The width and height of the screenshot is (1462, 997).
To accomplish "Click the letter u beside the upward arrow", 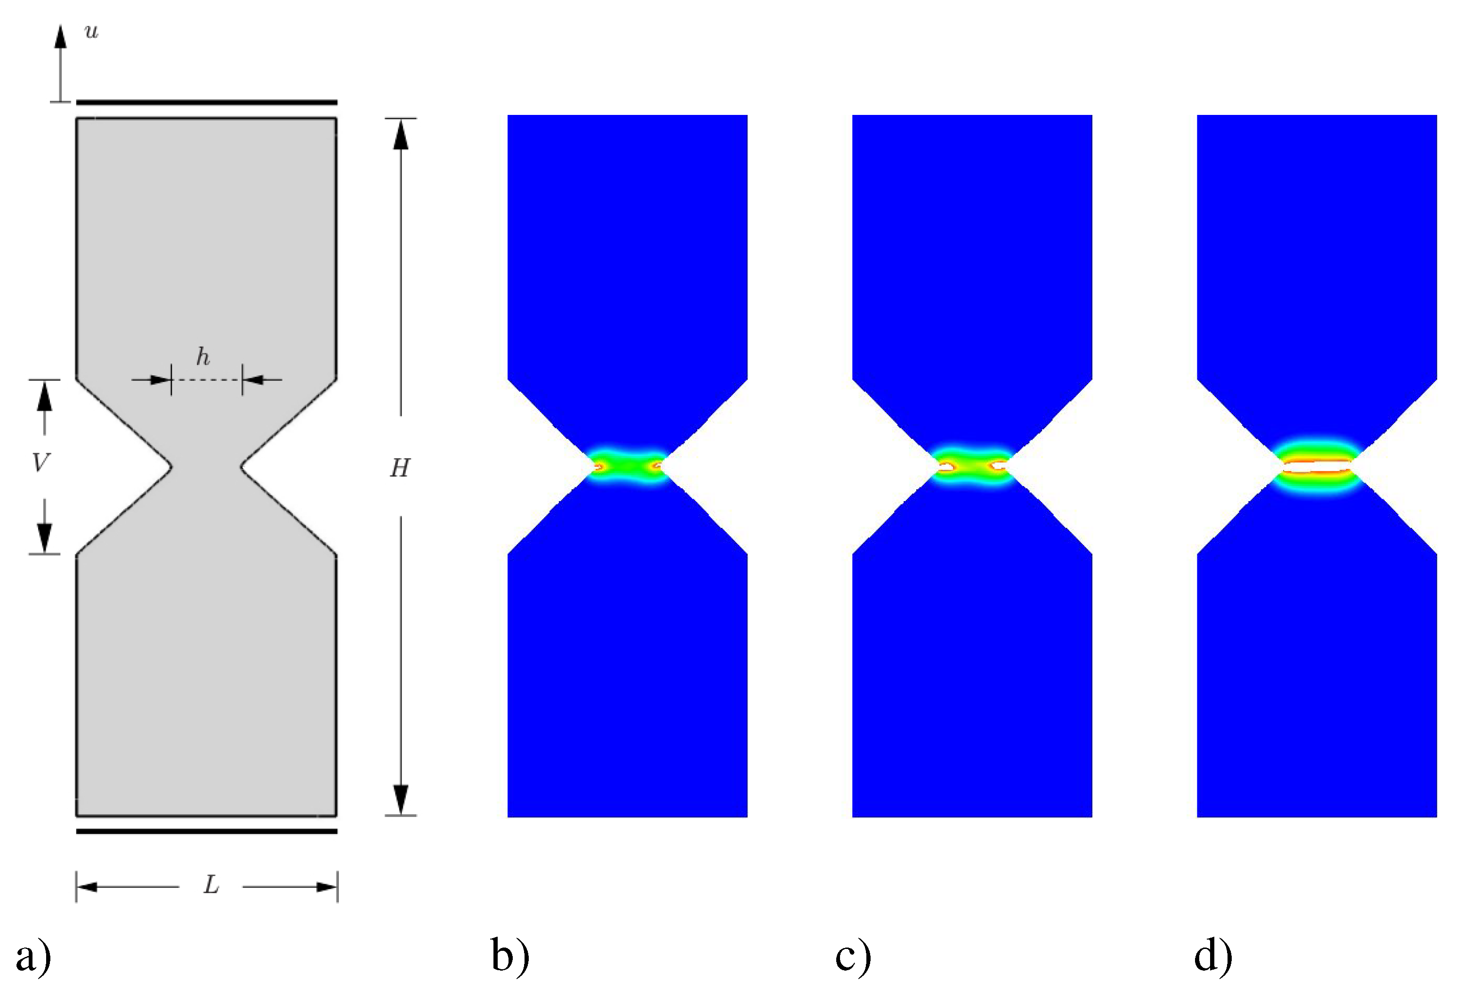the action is (x=92, y=32).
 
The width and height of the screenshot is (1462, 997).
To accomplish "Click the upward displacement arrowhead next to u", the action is (x=60, y=36).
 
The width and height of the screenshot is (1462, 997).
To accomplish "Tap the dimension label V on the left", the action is (x=40, y=463).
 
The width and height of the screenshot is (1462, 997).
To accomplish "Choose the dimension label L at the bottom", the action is (x=211, y=886).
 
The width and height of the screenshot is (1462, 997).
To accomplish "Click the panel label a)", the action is (x=32, y=956).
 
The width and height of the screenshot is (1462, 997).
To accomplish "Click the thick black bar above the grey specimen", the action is (x=206, y=102).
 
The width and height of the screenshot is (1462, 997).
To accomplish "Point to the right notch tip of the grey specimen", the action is (x=241, y=467).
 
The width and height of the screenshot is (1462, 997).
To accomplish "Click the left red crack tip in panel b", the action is (x=598, y=467).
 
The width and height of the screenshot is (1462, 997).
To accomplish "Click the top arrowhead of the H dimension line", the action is (x=401, y=135).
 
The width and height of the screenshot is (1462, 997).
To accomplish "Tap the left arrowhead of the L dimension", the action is (x=87, y=887).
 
